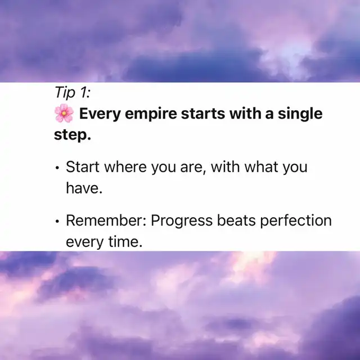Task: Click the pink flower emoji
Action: pos(64,113)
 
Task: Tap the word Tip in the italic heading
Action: pos(65,93)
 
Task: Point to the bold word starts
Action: pos(203,114)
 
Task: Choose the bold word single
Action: pos(300,114)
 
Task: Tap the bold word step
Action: pos(73,135)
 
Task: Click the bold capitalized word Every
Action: pos(100,114)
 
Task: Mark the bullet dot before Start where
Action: pos(57,168)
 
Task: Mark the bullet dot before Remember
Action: pos(57,221)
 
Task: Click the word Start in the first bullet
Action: pos(83,166)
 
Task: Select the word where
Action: pos(125,166)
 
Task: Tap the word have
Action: pos(84,188)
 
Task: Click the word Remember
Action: pos(106,220)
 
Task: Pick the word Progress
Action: pos(182,221)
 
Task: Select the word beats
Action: pos(236,220)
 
